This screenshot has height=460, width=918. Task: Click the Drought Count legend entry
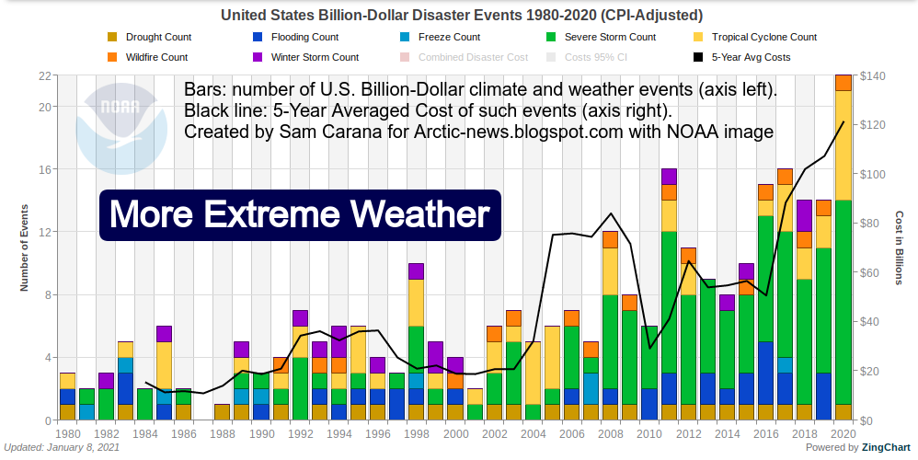pos(152,38)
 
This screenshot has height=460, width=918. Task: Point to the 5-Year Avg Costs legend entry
pos(745,57)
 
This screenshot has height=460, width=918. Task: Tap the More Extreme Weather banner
pos(299,215)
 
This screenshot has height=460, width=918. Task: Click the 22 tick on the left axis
pos(42,75)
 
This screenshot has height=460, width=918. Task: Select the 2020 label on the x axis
pos(843,433)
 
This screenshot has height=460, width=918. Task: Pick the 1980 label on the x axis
pos(67,433)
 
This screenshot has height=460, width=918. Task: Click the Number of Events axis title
pos(25,248)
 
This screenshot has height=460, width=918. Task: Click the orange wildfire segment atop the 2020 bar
pos(843,83)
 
